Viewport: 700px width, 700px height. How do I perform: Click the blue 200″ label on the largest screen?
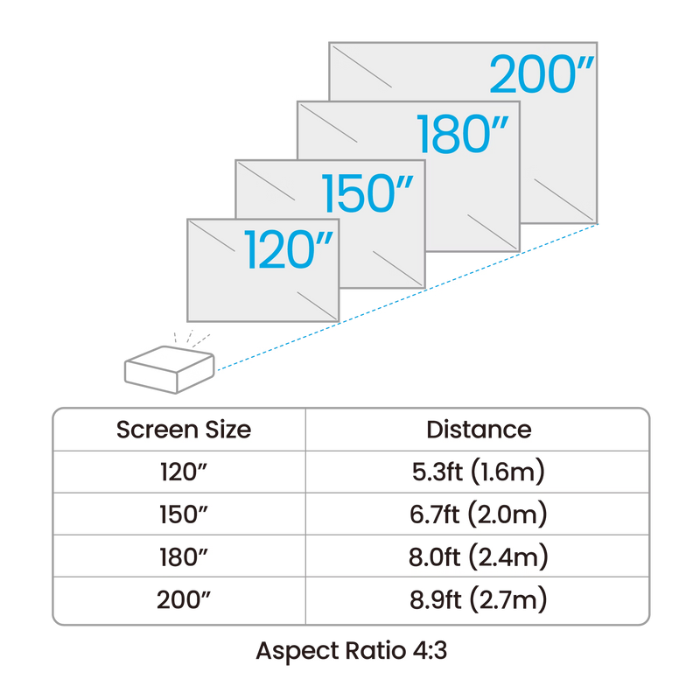tap(542, 74)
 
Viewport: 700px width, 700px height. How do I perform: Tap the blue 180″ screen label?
tap(463, 134)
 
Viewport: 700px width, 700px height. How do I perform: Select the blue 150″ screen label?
tap(367, 193)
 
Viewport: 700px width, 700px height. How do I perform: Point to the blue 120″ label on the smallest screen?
tap(289, 249)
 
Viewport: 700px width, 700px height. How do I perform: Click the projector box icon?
tap(169, 369)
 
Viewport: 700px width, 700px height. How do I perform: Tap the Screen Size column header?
tap(184, 430)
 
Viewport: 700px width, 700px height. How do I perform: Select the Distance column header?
tap(479, 430)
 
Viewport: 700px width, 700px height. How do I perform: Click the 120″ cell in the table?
tap(184, 472)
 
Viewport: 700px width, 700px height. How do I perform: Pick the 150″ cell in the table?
tap(184, 514)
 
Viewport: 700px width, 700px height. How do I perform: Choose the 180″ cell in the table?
tap(184, 556)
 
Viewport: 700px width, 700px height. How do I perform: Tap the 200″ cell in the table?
tap(184, 599)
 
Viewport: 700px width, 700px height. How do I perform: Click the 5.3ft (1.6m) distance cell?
tap(479, 472)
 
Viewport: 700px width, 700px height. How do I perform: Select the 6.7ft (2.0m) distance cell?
tap(479, 514)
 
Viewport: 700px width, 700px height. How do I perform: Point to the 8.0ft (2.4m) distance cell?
tap(479, 556)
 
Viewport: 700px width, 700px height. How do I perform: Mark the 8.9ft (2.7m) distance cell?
tap(479, 599)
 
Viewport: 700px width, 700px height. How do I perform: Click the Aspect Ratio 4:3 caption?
tap(352, 650)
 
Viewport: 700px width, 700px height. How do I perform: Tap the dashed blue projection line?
tap(407, 297)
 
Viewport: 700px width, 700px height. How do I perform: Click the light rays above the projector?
tap(192, 339)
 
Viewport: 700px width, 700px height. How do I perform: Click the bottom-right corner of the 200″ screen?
tap(597, 223)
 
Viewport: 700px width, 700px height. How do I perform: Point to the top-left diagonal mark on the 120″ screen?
tap(212, 236)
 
